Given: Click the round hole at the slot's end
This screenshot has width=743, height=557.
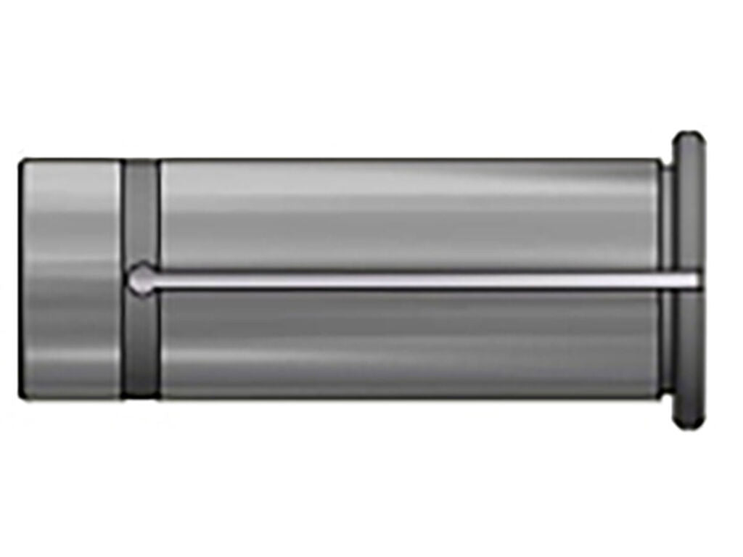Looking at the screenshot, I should tap(140, 279).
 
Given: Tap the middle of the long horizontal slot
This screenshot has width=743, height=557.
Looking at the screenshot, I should tap(414, 279).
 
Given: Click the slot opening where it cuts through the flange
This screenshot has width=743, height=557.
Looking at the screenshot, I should tap(688, 279).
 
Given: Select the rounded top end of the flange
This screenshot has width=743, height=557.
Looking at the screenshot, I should tap(689, 139).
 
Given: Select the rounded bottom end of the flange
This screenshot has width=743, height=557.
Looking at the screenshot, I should tap(689, 421).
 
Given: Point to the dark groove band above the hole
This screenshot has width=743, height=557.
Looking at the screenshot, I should tap(141, 210).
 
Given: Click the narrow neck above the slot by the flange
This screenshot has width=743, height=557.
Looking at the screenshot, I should tap(666, 218).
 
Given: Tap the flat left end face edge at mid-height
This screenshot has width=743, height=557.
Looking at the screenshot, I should tap(20, 279).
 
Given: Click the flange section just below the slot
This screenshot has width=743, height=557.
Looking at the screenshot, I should tap(689, 348).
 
